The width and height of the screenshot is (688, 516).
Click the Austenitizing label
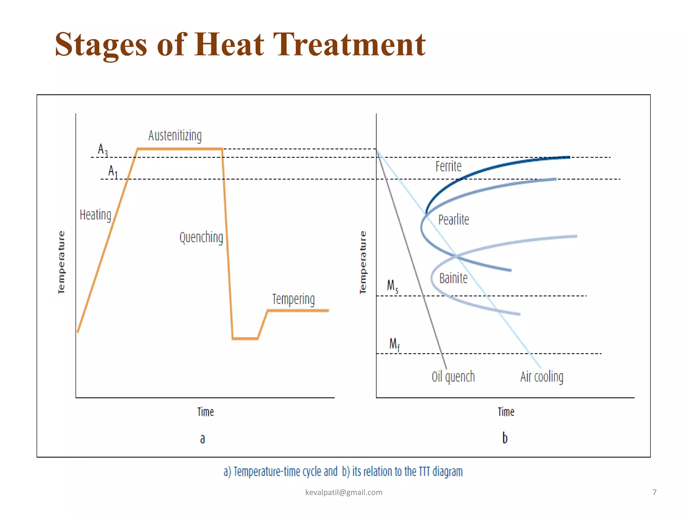(x=175, y=136)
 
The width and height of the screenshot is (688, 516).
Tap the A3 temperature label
(x=103, y=150)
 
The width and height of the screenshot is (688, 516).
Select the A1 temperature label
(x=113, y=172)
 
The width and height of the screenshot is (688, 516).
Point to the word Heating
(x=95, y=215)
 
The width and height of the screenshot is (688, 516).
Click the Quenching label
(x=201, y=238)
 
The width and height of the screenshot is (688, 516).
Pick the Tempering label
(x=293, y=299)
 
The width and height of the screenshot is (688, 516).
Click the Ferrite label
(x=448, y=167)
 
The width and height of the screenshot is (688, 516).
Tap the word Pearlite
(x=454, y=220)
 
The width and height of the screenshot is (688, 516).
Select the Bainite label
(x=453, y=278)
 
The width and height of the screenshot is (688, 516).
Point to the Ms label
(x=392, y=286)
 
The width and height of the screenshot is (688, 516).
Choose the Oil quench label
(x=453, y=377)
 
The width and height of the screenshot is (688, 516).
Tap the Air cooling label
(x=542, y=377)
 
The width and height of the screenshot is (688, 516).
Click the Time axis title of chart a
(x=205, y=412)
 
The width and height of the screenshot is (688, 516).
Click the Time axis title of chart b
(x=506, y=412)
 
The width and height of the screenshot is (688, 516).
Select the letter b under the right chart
(x=505, y=438)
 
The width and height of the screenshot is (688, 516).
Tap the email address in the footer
(x=344, y=492)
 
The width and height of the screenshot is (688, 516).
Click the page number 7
(x=654, y=492)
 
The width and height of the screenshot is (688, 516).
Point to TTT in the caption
(x=424, y=472)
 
